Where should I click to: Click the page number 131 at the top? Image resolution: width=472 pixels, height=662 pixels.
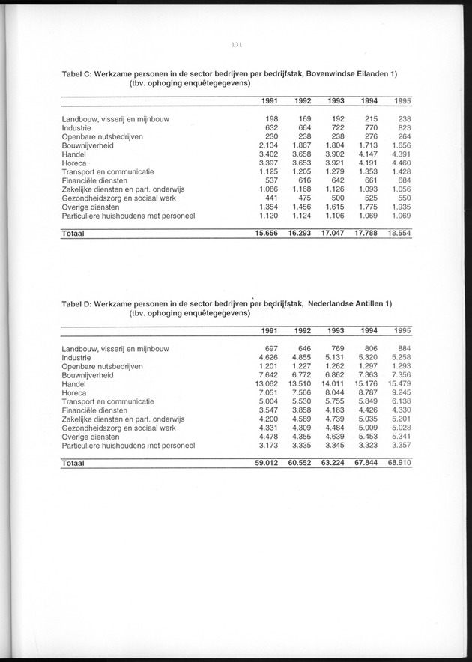tap(236, 45)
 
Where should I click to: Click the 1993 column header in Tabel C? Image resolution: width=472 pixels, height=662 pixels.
tap(335, 101)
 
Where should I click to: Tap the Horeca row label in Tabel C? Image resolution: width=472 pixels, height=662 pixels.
tap(75, 163)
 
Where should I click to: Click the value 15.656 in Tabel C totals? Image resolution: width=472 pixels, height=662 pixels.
tap(266, 234)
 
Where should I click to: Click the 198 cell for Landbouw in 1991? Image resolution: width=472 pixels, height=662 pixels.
tap(271, 118)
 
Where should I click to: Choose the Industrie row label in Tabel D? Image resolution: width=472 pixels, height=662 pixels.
tap(79, 357)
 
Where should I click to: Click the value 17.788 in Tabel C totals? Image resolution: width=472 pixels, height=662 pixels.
tap(363, 234)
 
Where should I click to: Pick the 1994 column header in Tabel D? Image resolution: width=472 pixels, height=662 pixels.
tap(368, 331)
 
